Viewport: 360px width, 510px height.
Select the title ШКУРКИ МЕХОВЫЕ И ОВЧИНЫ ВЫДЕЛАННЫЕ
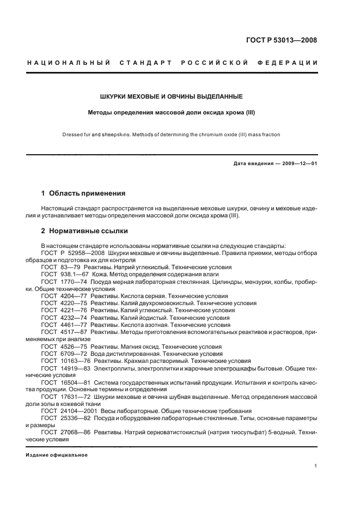(171, 96)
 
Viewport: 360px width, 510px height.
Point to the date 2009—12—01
(298, 163)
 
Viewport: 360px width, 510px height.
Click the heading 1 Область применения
(83, 193)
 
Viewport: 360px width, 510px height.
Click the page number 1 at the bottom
(315, 465)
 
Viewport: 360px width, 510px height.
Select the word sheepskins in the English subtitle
(113, 134)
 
